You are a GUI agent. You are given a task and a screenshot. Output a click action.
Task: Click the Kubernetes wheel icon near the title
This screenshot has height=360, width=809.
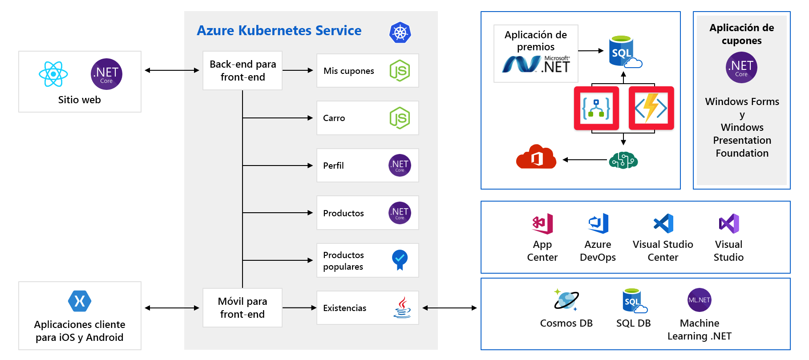coord(400,32)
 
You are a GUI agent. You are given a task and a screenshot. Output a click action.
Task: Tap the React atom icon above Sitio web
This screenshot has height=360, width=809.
coord(53,74)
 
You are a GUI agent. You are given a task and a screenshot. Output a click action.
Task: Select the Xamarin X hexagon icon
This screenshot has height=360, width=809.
coord(80,301)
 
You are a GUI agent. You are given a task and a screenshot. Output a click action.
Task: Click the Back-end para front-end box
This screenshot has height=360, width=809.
coord(243,71)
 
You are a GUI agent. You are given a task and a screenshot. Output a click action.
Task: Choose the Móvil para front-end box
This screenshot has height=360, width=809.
coord(243,308)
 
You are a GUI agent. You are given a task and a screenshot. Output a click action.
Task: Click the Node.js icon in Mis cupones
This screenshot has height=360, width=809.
coord(400,71)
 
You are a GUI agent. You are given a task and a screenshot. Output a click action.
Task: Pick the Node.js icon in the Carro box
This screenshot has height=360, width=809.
coord(400,118)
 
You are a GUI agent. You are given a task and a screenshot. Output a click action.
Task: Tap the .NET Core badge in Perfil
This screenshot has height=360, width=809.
coord(400,166)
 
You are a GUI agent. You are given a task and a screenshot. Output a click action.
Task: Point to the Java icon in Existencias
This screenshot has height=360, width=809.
coord(402,307)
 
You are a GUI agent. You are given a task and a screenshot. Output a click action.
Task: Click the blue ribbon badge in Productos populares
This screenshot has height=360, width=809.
coord(400,259)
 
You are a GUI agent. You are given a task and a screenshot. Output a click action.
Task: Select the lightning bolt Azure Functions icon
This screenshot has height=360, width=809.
coord(651,108)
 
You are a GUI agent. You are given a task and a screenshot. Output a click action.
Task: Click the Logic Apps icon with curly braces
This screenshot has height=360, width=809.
coord(596,108)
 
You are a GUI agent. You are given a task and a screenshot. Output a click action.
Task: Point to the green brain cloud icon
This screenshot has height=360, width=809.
coord(623,160)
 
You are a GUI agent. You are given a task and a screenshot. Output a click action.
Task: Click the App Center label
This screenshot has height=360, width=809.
coord(542,251)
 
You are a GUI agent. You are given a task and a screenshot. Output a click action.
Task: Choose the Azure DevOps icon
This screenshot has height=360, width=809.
coord(599,223)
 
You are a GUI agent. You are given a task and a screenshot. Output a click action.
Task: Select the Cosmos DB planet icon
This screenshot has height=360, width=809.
coord(566,299)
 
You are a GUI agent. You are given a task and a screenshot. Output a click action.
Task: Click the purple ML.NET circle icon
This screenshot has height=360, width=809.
coord(699,300)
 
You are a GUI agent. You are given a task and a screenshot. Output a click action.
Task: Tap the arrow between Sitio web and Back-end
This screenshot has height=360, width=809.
coord(172,70)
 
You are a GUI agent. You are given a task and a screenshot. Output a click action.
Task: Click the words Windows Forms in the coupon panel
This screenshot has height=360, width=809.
coord(742,101)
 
